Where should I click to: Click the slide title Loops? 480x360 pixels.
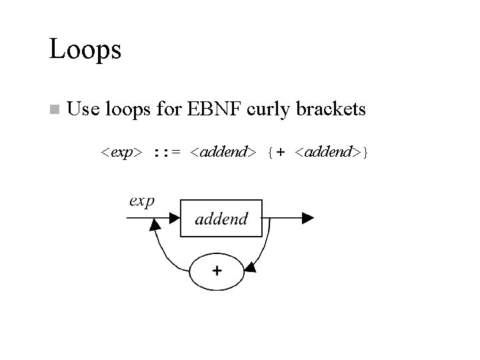point(85,50)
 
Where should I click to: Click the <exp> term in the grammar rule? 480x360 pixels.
point(121,153)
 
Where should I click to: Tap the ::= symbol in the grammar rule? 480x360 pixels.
point(165,153)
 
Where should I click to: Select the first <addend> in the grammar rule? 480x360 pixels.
point(221,153)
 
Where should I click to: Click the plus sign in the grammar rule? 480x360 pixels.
point(281,153)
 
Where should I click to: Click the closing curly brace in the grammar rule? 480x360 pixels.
point(366,153)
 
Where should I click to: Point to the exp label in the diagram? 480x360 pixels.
point(142,201)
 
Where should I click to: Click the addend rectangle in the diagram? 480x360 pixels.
point(221,217)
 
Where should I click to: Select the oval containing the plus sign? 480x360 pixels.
point(217,271)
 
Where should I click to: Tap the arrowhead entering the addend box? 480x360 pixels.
point(174,217)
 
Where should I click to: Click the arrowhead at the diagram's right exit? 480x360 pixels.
point(307,217)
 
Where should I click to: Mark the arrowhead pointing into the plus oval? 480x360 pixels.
point(251,268)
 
